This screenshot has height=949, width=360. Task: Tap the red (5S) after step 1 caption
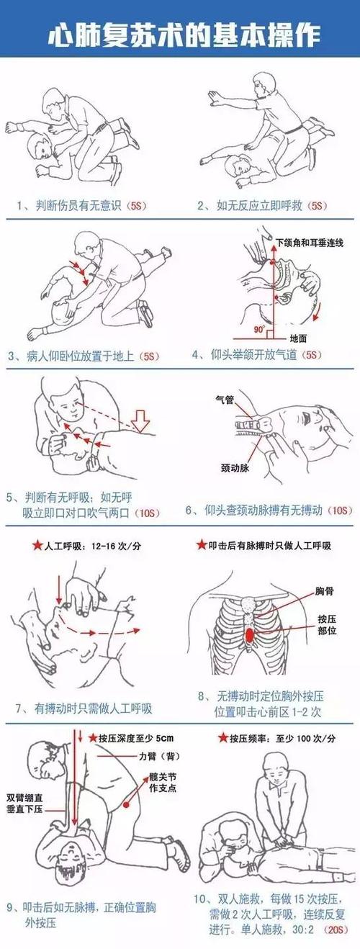click(136, 205)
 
